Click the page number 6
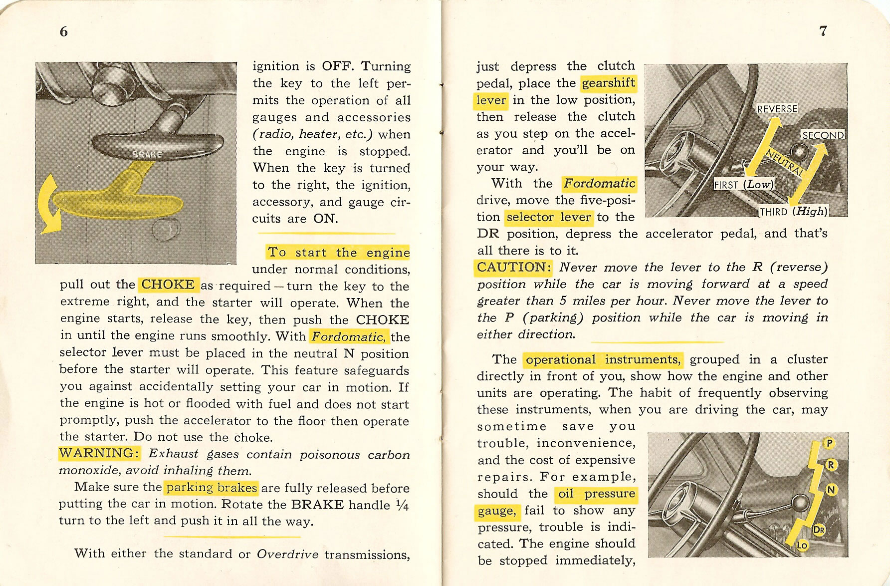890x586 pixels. pos(63,31)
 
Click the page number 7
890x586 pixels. pos(823,31)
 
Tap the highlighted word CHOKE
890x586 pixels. pos(168,285)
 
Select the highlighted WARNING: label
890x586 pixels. pos(99,453)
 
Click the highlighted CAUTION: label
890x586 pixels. pos(513,268)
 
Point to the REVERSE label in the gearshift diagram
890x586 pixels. pos(777,109)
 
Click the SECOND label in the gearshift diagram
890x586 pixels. pos(823,135)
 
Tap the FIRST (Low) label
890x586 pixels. pos(743,184)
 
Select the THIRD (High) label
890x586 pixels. pos(793,211)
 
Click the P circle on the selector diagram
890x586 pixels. pos(829,443)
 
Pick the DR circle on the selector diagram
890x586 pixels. pos(819,530)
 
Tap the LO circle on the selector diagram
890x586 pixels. pos(802,546)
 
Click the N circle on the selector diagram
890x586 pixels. pos(831,490)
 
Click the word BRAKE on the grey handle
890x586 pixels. pos(147,154)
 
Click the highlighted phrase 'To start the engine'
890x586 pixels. pos(338,252)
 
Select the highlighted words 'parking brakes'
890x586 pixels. pos(212,487)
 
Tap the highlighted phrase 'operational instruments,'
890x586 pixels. pos(603,359)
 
